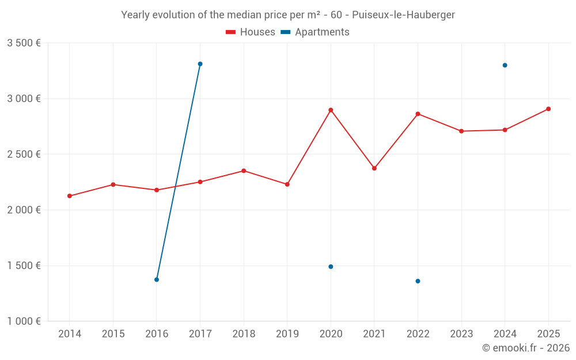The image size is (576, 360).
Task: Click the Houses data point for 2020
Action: [331, 110]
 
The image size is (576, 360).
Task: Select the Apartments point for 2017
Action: [200, 64]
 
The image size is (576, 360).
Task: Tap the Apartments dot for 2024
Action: [505, 65]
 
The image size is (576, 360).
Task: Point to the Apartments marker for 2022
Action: [418, 281]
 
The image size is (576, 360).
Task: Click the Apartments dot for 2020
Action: [331, 267]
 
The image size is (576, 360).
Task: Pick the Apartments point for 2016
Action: [157, 279]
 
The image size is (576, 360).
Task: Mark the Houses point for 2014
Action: [70, 196]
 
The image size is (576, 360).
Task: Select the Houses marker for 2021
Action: [374, 168]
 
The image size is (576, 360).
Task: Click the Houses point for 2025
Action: [548, 109]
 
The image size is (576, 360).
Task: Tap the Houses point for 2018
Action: [244, 170]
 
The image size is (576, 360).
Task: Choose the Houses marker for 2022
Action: [418, 114]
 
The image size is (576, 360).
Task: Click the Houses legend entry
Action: [251, 32]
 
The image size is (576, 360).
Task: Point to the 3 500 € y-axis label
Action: [24, 43]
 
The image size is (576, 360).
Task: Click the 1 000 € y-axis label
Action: [24, 321]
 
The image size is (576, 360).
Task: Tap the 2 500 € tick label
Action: [24, 154]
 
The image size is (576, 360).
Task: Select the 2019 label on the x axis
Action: [287, 334]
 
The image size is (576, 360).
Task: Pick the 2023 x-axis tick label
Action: [461, 334]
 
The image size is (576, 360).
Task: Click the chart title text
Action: [288, 15]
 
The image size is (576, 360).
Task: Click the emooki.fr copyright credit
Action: [525, 348]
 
